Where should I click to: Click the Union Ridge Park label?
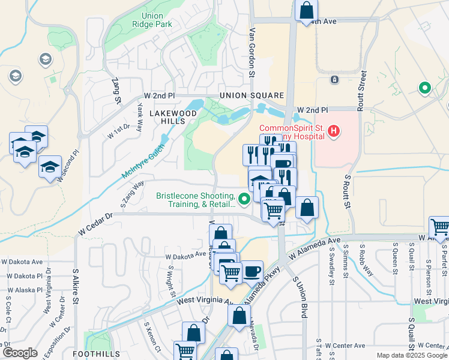click(155, 20)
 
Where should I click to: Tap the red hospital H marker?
click(334, 131)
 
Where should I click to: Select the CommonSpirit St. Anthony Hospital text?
click(291, 132)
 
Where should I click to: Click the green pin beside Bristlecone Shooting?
click(244, 199)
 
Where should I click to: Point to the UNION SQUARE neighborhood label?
click(251, 96)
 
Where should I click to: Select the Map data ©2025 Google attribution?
click(412, 355)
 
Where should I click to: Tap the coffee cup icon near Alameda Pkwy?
click(253, 271)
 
